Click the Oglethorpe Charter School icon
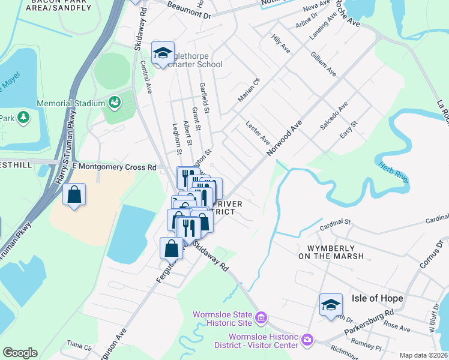(x=163, y=54)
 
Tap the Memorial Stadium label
(x=71, y=103)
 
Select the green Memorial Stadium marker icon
(x=114, y=103)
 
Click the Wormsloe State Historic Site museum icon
(x=261, y=316)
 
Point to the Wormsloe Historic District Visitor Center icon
(x=307, y=340)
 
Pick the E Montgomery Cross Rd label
(x=114, y=166)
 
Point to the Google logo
(x=20, y=353)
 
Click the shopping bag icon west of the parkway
(x=74, y=196)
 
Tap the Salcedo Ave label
(x=334, y=119)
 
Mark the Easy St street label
(x=348, y=131)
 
